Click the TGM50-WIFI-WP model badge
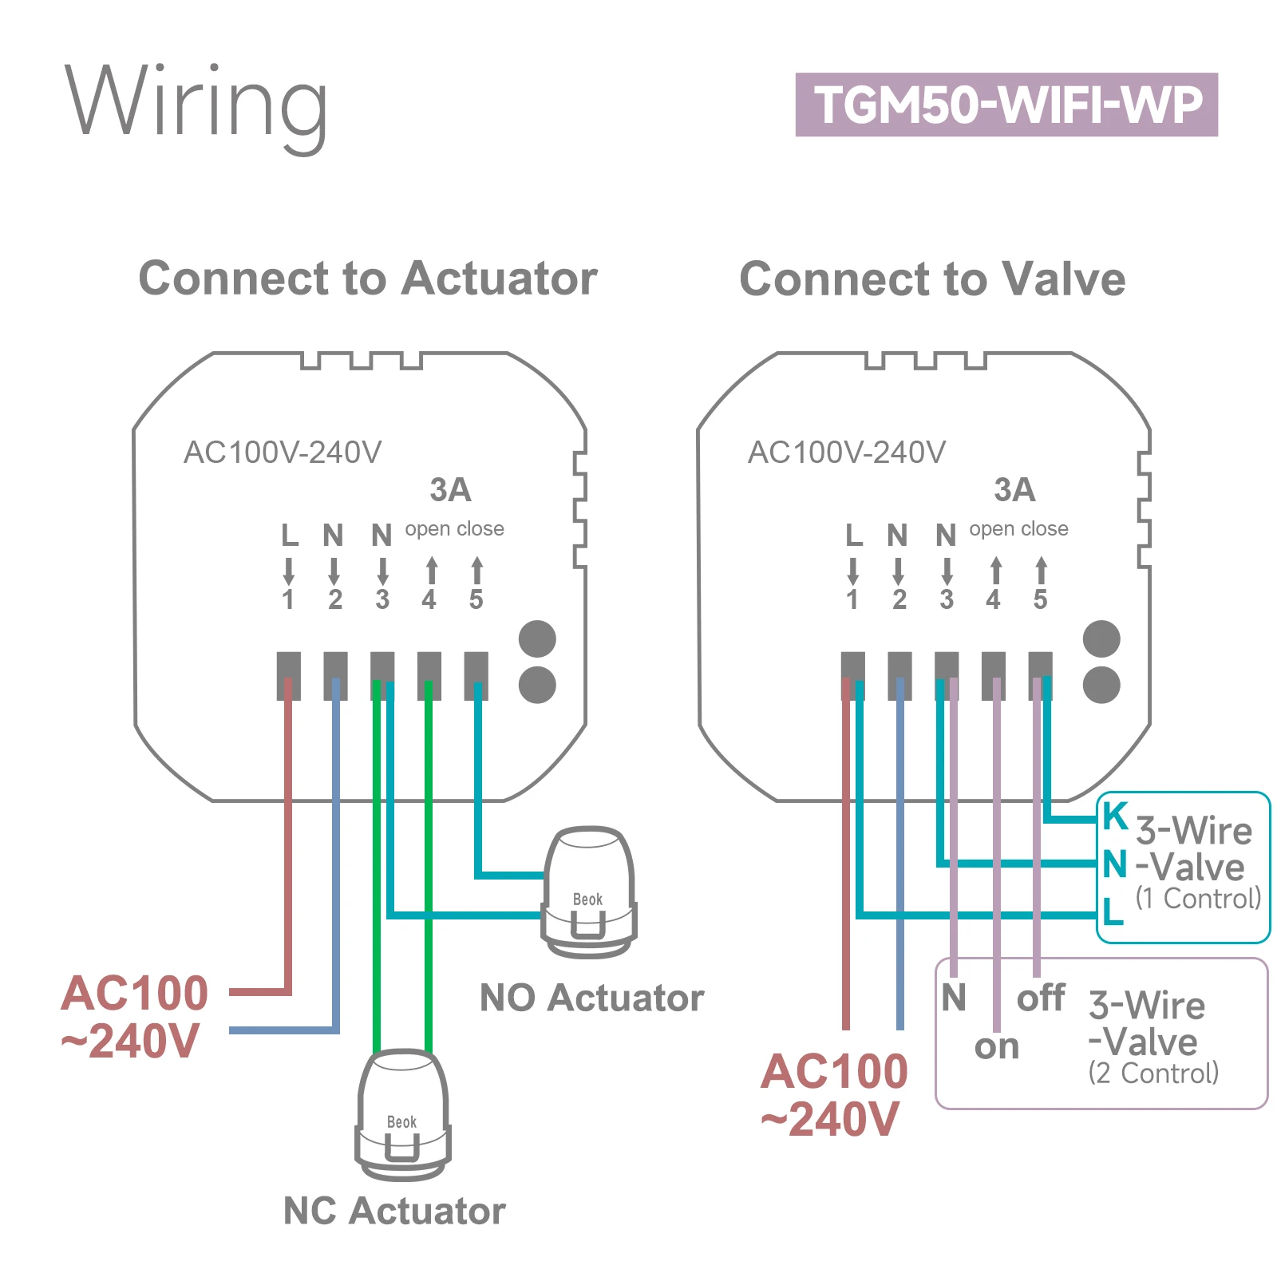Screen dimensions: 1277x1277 pyautogui.click(x=1006, y=105)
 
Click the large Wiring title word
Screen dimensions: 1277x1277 pyautogui.click(x=196, y=104)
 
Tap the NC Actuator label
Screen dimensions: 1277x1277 pyautogui.click(x=394, y=1211)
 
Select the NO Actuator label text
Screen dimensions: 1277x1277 pyautogui.click(x=591, y=998)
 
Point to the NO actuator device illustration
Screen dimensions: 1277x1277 pyautogui.click(x=589, y=892)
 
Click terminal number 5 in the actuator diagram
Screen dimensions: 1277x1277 pyautogui.click(x=476, y=599)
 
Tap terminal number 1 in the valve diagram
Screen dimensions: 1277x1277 pyautogui.click(x=852, y=599)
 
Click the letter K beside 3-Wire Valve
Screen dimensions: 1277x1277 pyautogui.click(x=1115, y=816)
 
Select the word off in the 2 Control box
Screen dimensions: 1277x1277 pyautogui.click(x=1040, y=998)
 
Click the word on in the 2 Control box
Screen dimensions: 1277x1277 pyautogui.click(x=997, y=1046)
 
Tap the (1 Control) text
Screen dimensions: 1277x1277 pyautogui.click(x=1198, y=899)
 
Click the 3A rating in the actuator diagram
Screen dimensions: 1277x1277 pyautogui.click(x=450, y=490)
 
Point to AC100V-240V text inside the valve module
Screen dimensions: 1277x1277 pyautogui.click(x=846, y=453)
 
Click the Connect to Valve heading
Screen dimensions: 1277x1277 pyautogui.click(x=932, y=279)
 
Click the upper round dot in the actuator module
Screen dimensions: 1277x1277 pyautogui.click(x=537, y=639)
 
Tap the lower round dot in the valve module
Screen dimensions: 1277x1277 pyautogui.click(x=1101, y=685)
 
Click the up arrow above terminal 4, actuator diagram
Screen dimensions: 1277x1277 pyautogui.click(x=431, y=570)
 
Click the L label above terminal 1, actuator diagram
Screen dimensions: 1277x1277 pyautogui.click(x=290, y=535)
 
